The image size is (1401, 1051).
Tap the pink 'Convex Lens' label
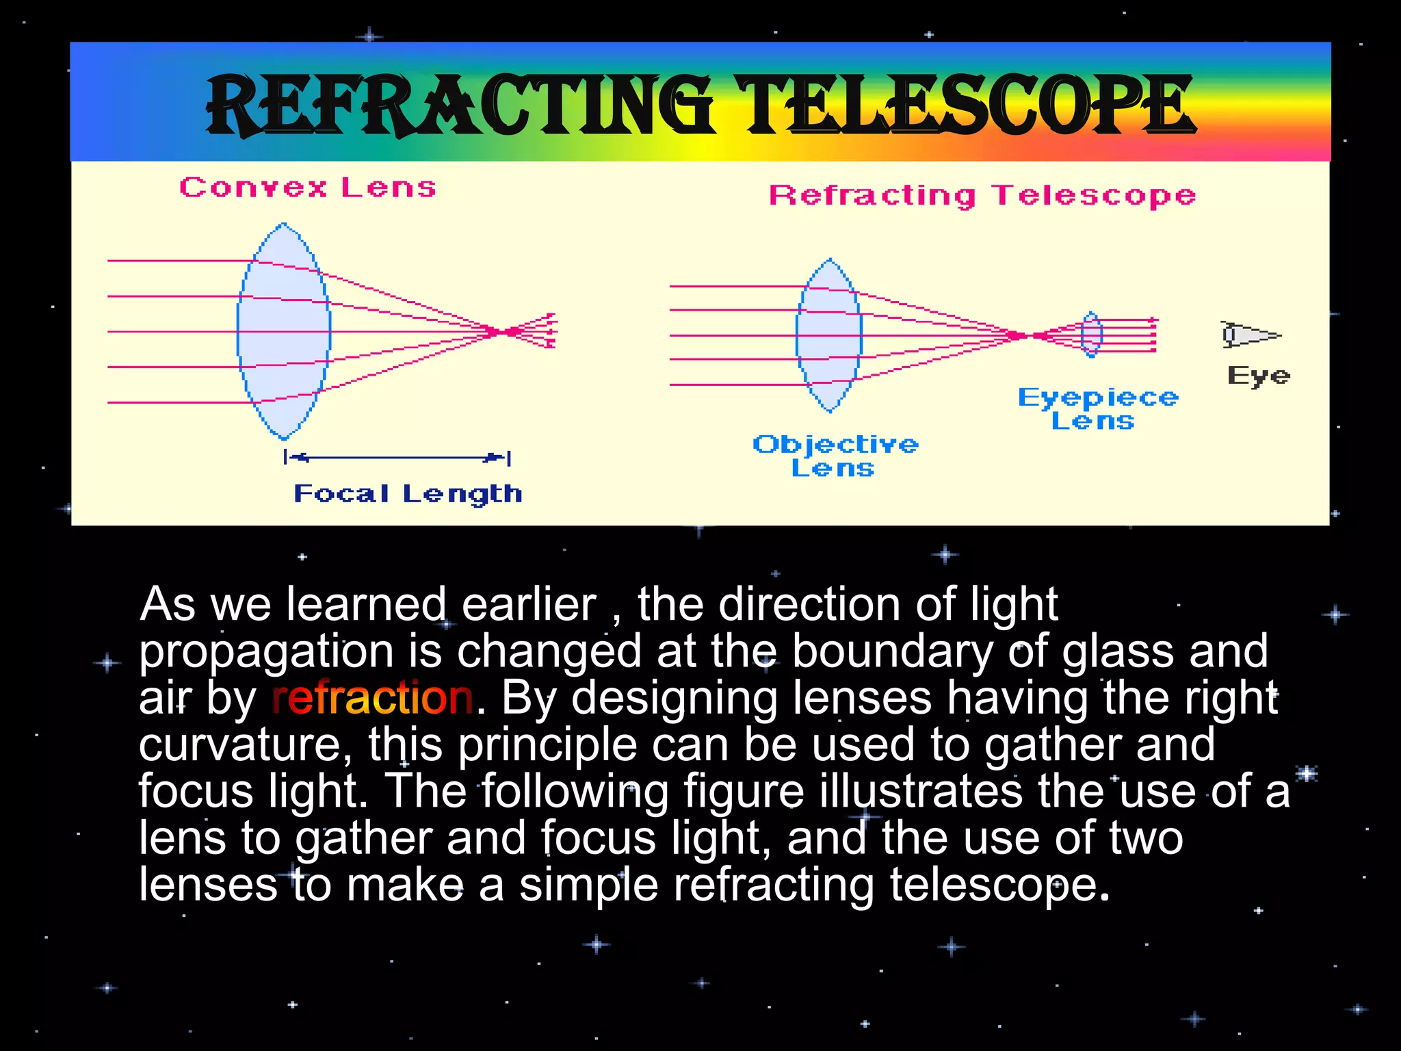click(307, 187)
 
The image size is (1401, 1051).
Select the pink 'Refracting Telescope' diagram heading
click(982, 195)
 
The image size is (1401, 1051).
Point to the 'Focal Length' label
click(408, 493)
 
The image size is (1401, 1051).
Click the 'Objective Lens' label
click(835, 456)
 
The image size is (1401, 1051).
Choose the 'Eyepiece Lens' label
click(1097, 408)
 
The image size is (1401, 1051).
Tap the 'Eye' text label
click(1258, 375)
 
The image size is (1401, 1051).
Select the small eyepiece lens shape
click(1091, 335)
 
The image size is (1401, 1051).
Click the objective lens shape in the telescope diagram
click(829, 335)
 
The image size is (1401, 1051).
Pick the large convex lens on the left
click(284, 332)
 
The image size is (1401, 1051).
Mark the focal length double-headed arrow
click(397, 457)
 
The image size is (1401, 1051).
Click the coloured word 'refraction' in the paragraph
click(372, 698)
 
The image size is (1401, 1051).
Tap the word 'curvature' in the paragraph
click(245, 744)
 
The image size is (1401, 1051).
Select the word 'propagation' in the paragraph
click(266, 652)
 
